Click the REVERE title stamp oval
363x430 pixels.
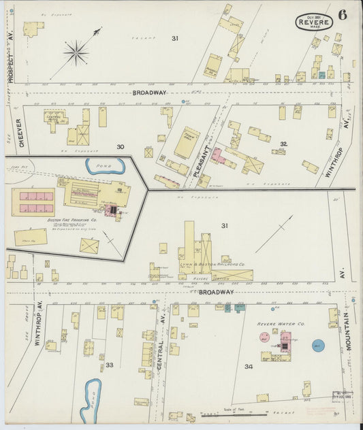click(x=314, y=22)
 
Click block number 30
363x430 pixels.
click(x=120, y=146)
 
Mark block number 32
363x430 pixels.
click(x=283, y=144)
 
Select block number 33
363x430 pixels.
click(x=109, y=365)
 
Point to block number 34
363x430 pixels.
click(x=249, y=367)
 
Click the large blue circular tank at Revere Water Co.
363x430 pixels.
click(x=317, y=346)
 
